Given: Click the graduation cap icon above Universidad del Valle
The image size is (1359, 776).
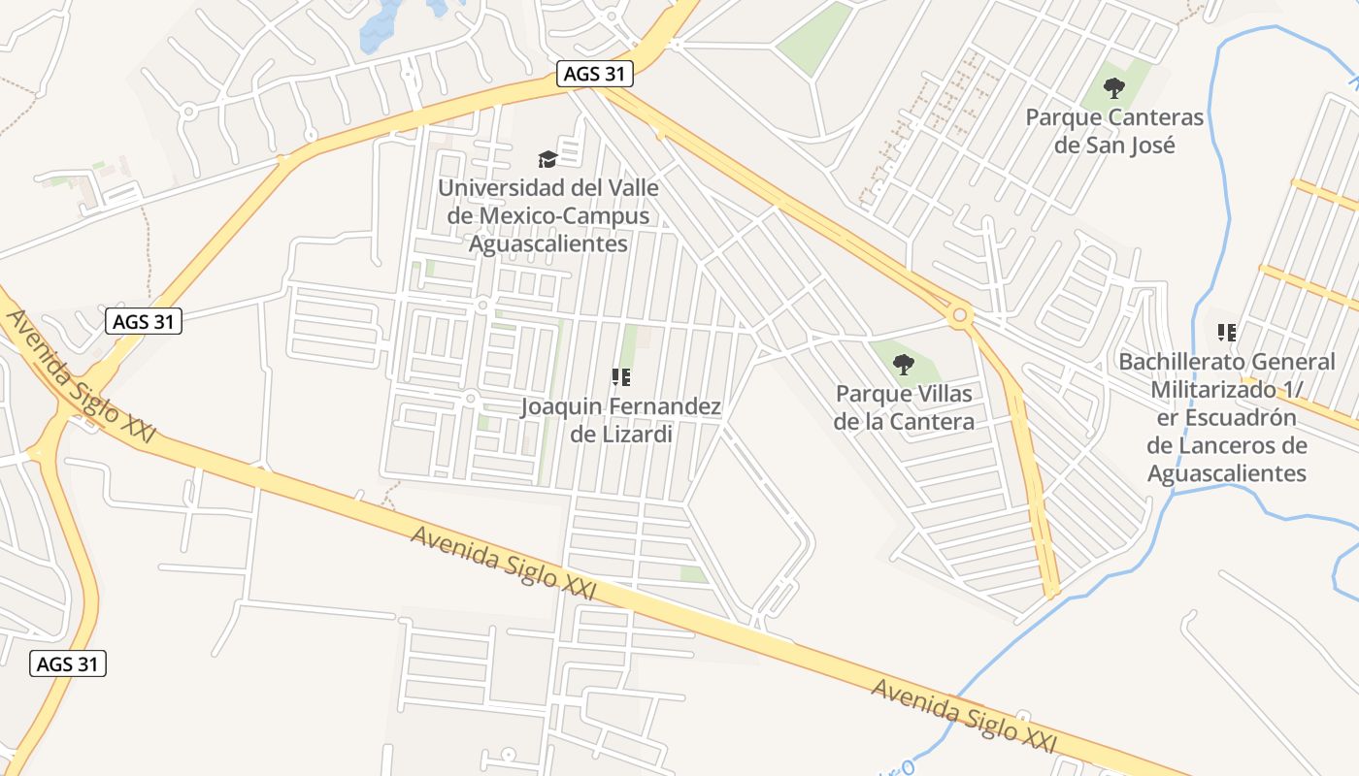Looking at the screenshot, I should (547, 158).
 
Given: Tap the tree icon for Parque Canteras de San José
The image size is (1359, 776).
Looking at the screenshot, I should (1114, 88).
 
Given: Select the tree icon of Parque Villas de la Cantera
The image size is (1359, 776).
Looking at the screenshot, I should (904, 365).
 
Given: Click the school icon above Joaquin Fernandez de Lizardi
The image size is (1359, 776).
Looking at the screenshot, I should (621, 377).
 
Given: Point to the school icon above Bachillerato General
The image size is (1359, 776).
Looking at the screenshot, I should (1227, 333).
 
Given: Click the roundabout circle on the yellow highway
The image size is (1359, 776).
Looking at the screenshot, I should (960, 314).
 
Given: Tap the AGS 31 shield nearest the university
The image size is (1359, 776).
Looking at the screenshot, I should (595, 74).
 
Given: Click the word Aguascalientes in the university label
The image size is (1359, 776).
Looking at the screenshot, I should (547, 243).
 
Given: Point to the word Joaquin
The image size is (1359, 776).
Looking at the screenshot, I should (556, 406).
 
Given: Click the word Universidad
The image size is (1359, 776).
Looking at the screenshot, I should (497, 187).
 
